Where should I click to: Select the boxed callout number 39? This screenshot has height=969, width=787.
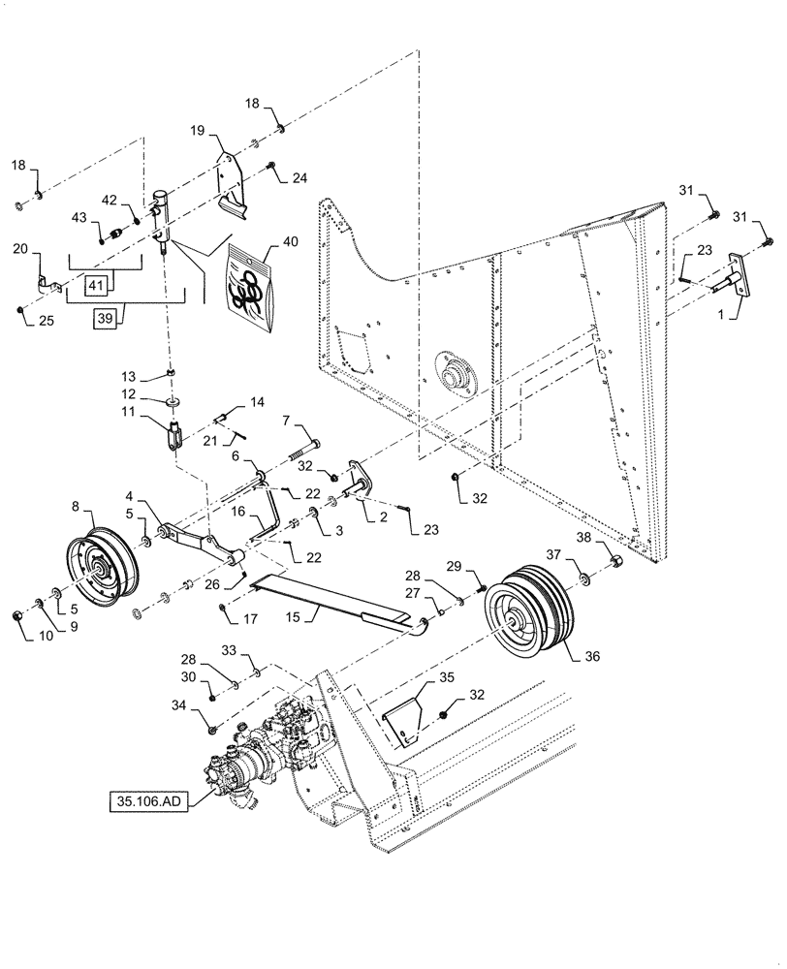[108, 317]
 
